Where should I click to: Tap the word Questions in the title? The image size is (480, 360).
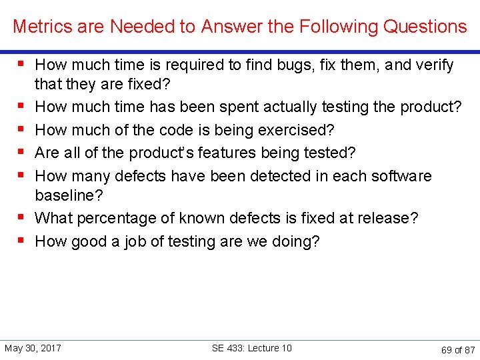(x=425, y=27)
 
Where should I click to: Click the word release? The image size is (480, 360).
(x=389, y=219)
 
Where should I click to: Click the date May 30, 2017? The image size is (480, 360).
(x=33, y=348)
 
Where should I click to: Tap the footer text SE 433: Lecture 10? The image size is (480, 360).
(x=251, y=348)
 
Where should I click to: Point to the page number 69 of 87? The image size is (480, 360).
(x=458, y=349)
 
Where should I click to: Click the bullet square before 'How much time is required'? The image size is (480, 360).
(x=22, y=65)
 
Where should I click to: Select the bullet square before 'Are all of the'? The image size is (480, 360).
(x=22, y=152)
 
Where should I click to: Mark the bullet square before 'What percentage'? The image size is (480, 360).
(x=22, y=217)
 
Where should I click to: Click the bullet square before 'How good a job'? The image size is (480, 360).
(x=22, y=240)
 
